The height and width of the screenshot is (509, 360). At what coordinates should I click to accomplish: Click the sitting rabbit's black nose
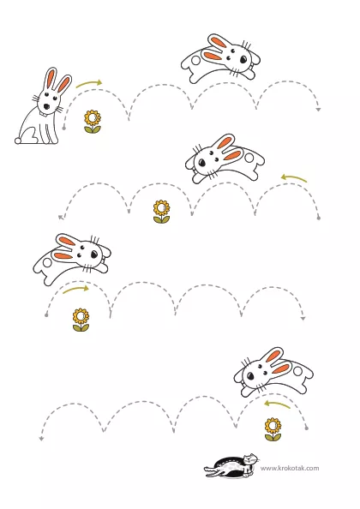tap(46, 106)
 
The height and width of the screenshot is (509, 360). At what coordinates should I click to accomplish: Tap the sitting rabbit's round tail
tap(18, 141)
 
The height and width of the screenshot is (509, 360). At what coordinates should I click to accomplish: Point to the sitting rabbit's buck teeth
tap(44, 114)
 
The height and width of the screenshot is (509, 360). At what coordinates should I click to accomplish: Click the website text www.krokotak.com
tap(290, 468)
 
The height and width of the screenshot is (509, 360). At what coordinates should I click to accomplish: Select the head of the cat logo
tap(251, 459)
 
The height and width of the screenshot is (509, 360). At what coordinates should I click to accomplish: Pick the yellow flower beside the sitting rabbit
tap(93, 122)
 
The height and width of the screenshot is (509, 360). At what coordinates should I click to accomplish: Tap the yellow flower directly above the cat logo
tap(273, 429)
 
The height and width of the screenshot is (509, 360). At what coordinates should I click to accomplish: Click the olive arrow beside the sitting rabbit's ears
tap(89, 83)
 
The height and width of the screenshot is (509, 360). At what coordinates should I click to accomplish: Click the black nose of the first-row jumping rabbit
tap(243, 59)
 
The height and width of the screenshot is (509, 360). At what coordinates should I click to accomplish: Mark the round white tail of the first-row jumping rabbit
tap(195, 60)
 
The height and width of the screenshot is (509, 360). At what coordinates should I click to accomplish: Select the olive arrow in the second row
tap(294, 177)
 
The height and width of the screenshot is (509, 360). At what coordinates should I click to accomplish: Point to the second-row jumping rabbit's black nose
tap(201, 162)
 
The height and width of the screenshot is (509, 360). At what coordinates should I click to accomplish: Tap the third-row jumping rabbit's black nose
tap(94, 254)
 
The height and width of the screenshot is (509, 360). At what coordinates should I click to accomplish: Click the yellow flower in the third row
tap(81, 320)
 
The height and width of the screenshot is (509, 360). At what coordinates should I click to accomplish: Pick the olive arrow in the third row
tap(75, 289)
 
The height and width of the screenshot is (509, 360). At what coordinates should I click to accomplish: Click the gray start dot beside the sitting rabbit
tap(64, 129)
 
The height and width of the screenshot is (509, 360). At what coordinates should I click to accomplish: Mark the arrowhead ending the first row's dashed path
tap(319, 110)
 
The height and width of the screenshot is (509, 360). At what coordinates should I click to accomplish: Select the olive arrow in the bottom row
tap(277, 404)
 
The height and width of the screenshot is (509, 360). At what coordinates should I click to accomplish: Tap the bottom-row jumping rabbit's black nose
tap(250, 376)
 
